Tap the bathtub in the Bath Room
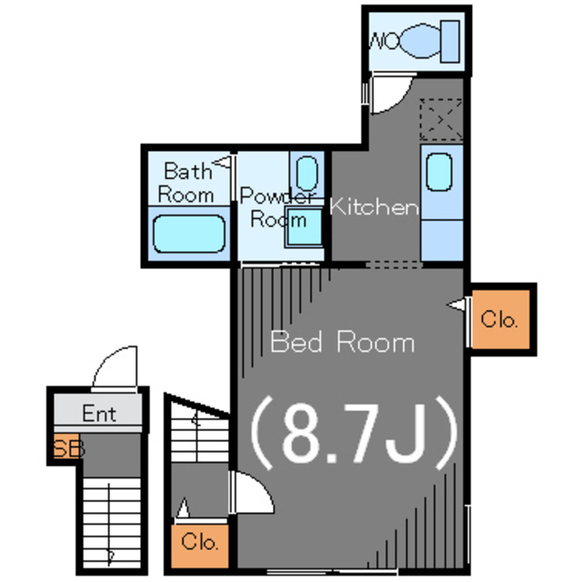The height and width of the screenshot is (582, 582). [x=188, y=233]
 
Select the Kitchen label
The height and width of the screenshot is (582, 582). [x=374, y=207]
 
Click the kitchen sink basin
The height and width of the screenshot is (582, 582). [x=438, y=173]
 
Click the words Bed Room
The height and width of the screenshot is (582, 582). [x=343, y=342]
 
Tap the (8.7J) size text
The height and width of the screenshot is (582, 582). [x=353, y=433]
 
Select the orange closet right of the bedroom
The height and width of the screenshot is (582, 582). [x=499, y=319]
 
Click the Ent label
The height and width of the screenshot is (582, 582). [x=99, y=414]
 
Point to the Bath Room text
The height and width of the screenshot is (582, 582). [x=186, y=182]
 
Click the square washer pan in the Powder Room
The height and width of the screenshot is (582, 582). [x=304, y=227]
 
